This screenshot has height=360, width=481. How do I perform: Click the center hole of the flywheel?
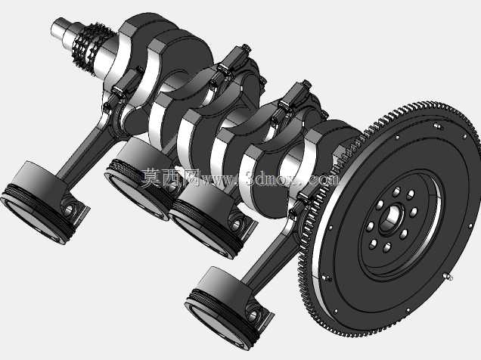(391, 218)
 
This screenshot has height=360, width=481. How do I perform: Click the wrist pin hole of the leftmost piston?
(69, 209)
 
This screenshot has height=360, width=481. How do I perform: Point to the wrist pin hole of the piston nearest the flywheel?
(253, 315)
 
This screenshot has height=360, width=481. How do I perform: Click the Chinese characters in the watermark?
(171, 178)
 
